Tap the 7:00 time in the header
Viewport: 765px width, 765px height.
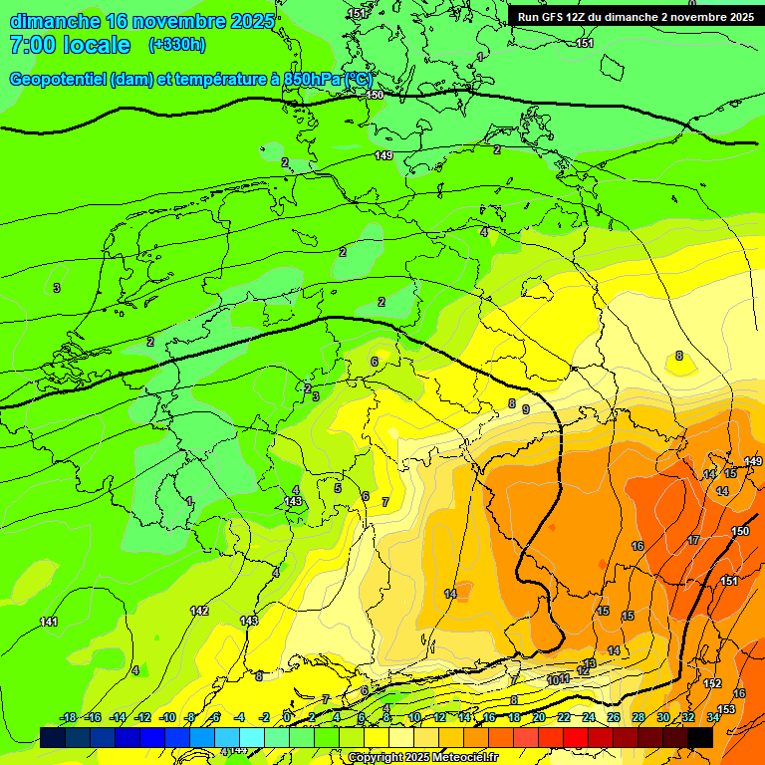click(x=33, y=45)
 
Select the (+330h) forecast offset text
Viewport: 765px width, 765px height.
click(x=177, y=45)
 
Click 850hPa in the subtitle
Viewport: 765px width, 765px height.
click(x=312, y=80)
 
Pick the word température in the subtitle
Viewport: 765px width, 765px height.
click(x=214, y=80)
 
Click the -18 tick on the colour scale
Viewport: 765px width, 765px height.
click(x=69, y=717)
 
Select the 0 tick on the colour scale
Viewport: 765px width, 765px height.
click(x=288, y=717)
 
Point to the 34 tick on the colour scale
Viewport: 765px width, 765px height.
click(x=713, y=717)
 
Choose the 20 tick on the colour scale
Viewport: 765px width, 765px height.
click(x=539, y=717)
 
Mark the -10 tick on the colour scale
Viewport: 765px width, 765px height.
click(x=168, y=717)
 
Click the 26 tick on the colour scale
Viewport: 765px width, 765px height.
click(x=614, y=717)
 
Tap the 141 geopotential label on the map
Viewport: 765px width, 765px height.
click(x=49, y=622)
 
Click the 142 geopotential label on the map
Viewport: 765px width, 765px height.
click(x=199, y=611)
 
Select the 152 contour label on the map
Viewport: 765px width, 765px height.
click(x=712, y=683)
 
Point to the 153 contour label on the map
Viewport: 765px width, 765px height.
click(x=726, y=709)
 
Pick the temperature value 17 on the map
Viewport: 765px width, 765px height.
click(x=693, y=540)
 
